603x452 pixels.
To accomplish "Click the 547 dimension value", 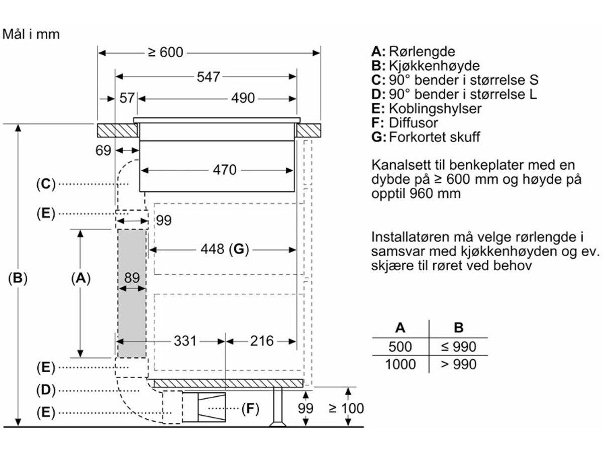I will tap(208, 77).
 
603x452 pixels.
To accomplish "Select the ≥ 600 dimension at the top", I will tap(166, 53).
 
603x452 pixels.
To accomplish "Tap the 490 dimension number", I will tap(243, 98).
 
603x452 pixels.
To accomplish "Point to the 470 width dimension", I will tap(225, 170).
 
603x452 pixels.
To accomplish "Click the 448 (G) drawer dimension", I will tap(225, 249).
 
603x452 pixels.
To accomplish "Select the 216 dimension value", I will tap(262, 341).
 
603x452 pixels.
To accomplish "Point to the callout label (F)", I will tap(250, 409).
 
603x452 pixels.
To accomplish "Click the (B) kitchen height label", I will tap(18, 278).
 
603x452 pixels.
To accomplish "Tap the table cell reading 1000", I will tap(400, 364).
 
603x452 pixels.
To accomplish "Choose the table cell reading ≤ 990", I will tap(458, 347).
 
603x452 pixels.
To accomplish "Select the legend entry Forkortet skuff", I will tap(426, 137).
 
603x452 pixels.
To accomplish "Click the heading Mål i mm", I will tap(32, 34).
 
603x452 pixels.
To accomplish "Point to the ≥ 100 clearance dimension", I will tap(346, 408).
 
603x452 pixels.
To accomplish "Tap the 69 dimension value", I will tap(103, 150).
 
